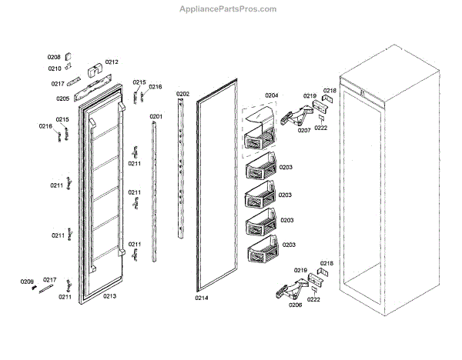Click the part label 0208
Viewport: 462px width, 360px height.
coord(54,57)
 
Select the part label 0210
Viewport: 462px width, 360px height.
coord(54,68)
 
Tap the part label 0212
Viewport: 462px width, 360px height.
coord(112,62)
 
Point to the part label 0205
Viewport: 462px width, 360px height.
coord(62,98)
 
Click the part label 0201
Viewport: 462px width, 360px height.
coord(156,117)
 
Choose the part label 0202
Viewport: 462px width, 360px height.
coord(182,95)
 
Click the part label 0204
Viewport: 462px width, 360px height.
coord(271,95)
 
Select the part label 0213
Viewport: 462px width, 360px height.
coord(109,296)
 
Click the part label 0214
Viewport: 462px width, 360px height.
coord(201,298)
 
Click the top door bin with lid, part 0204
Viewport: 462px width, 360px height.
coord(259,130)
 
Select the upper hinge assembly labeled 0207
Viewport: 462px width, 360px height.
coord(297,116)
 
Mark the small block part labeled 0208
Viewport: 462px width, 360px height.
coord(68,55)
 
